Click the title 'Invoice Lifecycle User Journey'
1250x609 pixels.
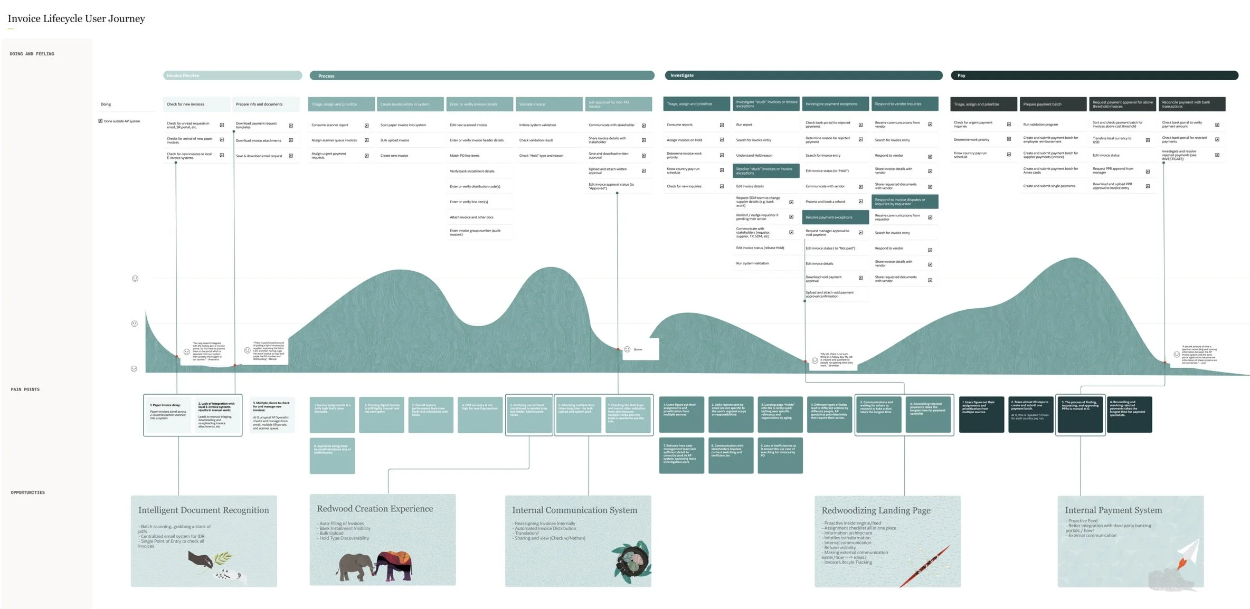tap(76, 19)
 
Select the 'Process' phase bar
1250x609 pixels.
tap(481, 76)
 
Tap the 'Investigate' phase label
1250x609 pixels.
tap(682, 75)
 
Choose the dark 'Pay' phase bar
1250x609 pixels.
tap(1094, 75)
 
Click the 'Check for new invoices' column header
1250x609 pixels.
tap(196, 104)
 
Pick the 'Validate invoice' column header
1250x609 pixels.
tap(548, 104)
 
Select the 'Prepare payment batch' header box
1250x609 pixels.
tap(1053, 104)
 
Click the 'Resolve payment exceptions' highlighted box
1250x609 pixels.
tap(835, 217)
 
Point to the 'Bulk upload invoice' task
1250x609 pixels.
tap(395, 140)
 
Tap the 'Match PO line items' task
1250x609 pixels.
tap(465, 156)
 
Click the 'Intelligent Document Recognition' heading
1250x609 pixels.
tap(203, 510)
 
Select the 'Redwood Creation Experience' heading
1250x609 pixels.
tap(375, 509)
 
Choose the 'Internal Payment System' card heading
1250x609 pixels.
tap(1113, 510)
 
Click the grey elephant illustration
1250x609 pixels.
tap(355, 566)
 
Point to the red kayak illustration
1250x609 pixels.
tap(925, 566)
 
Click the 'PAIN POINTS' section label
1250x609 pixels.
tap(25, 389)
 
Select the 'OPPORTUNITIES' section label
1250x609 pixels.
tap(28, 492)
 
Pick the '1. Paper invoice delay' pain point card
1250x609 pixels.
tap(168, 414)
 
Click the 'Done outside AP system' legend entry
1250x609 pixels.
tap(121, 121)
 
